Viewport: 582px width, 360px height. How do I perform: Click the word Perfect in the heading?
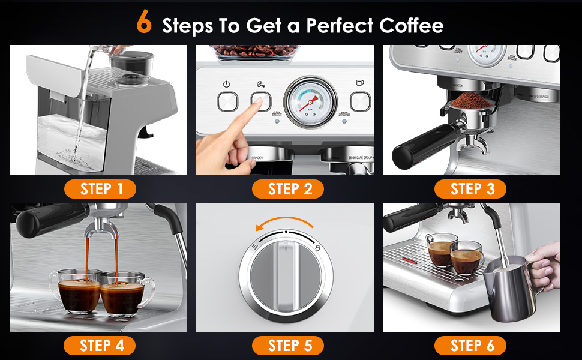pyautogui.click(x=340, y=25)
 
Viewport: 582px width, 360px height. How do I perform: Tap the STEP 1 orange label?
pyautogui.click(x=100, y=190)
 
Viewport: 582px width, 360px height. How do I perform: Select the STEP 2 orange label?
pyautogui.click(x=288, y=190)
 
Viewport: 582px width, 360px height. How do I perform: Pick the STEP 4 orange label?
pyautogui.click(x=100, y=345)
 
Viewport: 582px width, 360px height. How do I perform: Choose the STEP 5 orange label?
pyautogui.click(x=288, y=345)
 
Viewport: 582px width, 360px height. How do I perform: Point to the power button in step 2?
pyautogui.click(x=227, y=100)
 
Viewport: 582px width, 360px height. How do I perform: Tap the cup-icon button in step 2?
pyautogui.click(x=361, y=100)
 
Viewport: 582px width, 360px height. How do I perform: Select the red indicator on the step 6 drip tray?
pyautogui.click(x=410, y=260)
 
